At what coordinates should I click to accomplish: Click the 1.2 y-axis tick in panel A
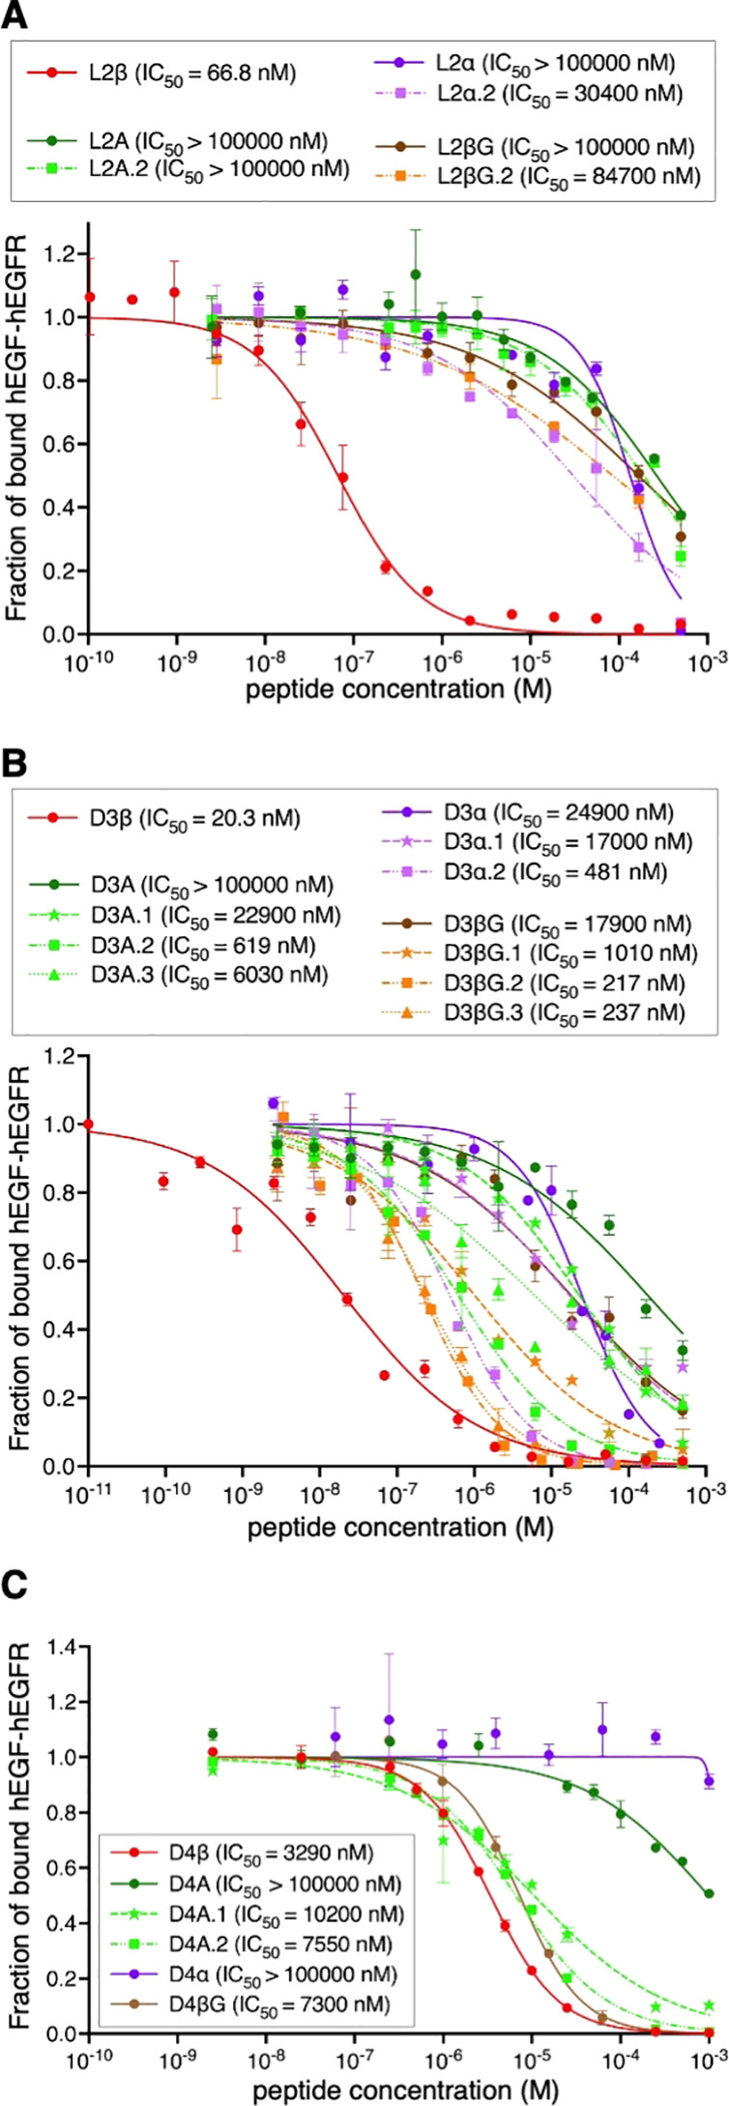pos(66,254)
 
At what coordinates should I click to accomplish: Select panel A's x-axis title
pos(398,688)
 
